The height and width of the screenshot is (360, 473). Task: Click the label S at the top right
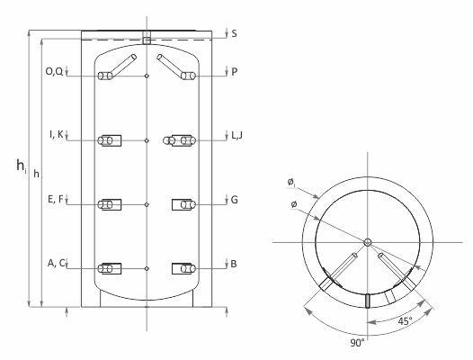point(234,33)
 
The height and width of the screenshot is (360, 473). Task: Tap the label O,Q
point(54,72)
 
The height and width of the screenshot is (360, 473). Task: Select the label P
point(235,72)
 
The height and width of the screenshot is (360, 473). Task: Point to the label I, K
point(57,134)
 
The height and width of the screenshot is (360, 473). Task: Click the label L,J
point(236,136)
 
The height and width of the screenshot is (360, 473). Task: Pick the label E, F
point(56,199)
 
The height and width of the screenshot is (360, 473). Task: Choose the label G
point(235,200)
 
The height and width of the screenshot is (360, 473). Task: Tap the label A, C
point(56,263)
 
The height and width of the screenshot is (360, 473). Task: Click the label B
point(234,264)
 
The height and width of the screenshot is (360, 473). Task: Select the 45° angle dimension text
point(405,321)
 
